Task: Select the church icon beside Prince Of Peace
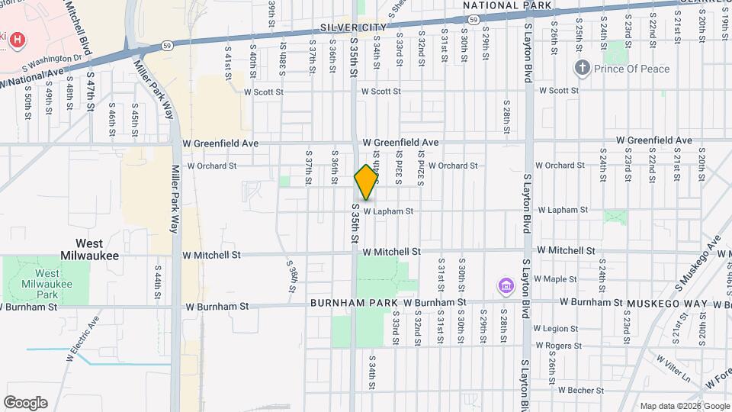click(x=583, y=69)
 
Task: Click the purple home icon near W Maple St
click(x=504, y=287)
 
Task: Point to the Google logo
click(x=25, y=403)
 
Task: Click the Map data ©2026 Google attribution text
click(x=684, y=406)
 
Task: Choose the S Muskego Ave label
click(x=698, y=264)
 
